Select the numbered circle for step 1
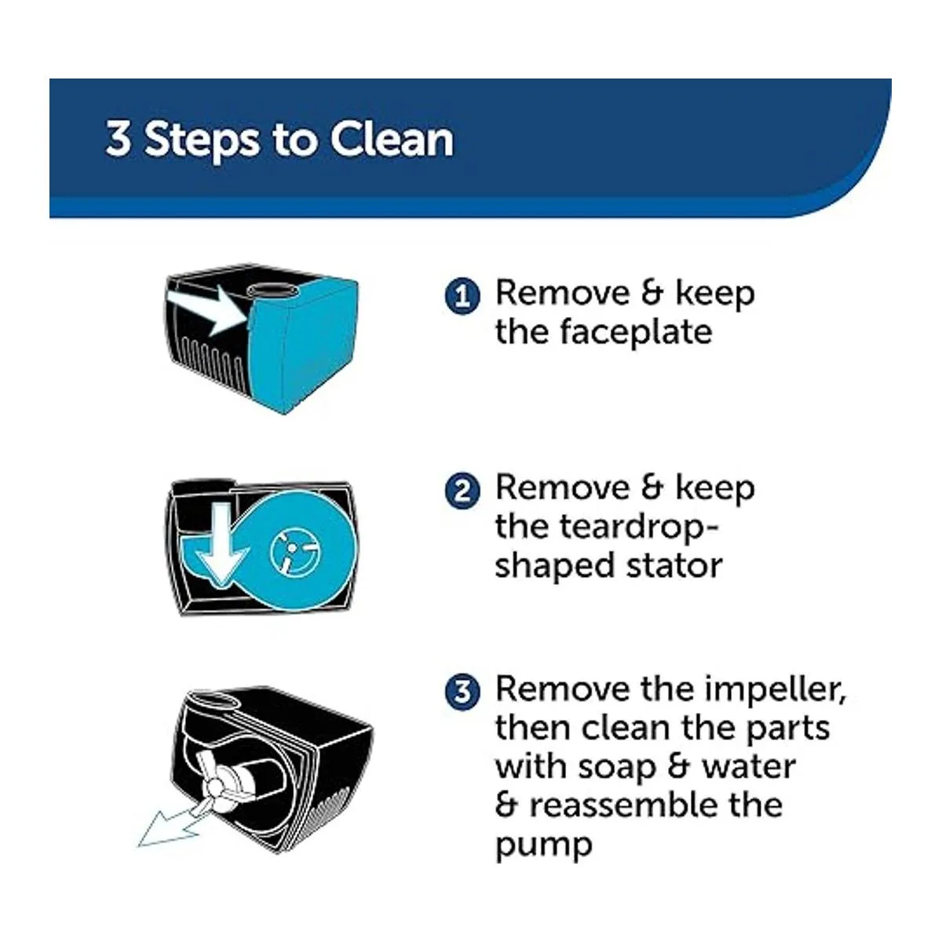[x=462, y=296]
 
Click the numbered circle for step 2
[x=462, y=491]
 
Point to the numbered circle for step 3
[x=462, y=692]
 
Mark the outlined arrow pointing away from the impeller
[x=174, y=822]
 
